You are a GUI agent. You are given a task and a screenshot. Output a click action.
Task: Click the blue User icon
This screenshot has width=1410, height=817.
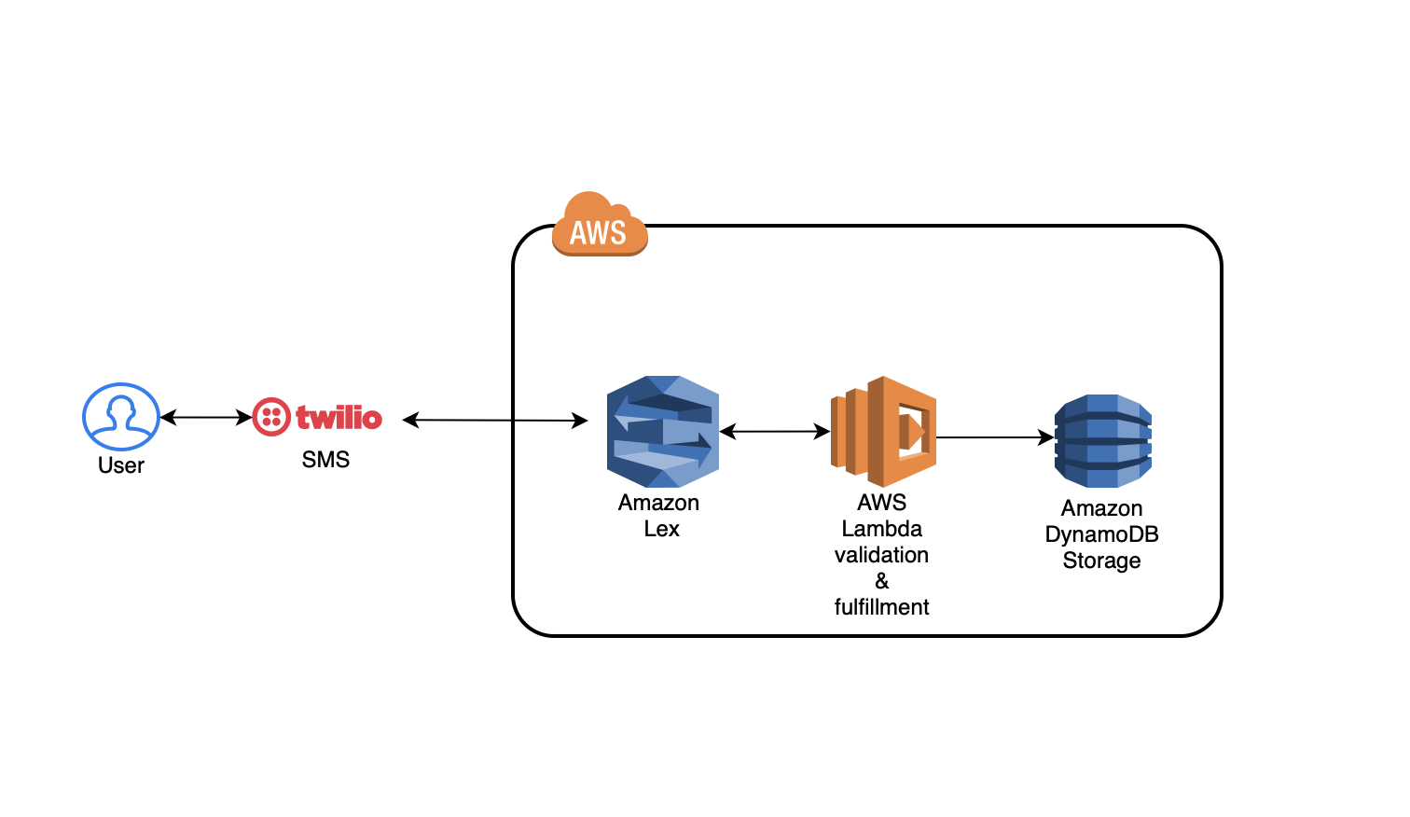coord(121,416)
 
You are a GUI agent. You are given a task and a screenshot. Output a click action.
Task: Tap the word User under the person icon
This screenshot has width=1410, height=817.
coord(121,465)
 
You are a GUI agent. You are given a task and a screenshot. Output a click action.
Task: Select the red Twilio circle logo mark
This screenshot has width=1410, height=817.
coord(271,417)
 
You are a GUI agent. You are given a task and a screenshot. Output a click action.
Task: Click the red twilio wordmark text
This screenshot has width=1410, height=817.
coord(339,417)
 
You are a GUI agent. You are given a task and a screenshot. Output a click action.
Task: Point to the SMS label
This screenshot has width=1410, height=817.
coord(325,460)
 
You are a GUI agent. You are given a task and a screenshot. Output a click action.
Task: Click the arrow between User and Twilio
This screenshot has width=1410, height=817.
coord(206,418)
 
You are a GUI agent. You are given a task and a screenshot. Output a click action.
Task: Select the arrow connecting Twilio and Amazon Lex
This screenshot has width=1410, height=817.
coord(495,421)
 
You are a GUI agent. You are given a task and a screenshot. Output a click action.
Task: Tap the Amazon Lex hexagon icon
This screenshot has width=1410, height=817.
coord(663,432)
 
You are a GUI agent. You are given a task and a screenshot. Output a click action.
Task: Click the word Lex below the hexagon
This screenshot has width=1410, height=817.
coord(662,529)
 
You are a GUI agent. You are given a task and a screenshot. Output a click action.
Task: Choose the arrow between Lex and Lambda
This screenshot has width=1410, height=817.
coord(775,432)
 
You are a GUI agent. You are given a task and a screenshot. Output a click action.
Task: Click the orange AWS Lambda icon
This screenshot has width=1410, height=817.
coord(883,431)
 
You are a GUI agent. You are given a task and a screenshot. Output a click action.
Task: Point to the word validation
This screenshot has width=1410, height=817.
coord(881,555)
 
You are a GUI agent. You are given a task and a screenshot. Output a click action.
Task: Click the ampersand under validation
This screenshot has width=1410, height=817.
coord(882,581)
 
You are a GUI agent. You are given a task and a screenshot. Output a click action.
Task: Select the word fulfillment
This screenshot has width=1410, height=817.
coord(881,607)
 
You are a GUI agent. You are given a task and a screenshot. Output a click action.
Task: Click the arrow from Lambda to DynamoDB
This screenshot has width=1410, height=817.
coord(994,437)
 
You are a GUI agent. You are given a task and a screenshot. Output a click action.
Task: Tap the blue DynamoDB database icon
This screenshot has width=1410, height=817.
coord(1103,440)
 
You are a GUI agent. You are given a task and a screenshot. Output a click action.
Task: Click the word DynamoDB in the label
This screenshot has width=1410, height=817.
coord(1101,534)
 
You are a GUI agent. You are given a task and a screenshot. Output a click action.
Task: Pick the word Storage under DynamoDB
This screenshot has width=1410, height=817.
coord(1101,561)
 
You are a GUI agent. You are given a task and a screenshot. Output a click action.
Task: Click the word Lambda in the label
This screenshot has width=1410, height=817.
coord(881,529)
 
